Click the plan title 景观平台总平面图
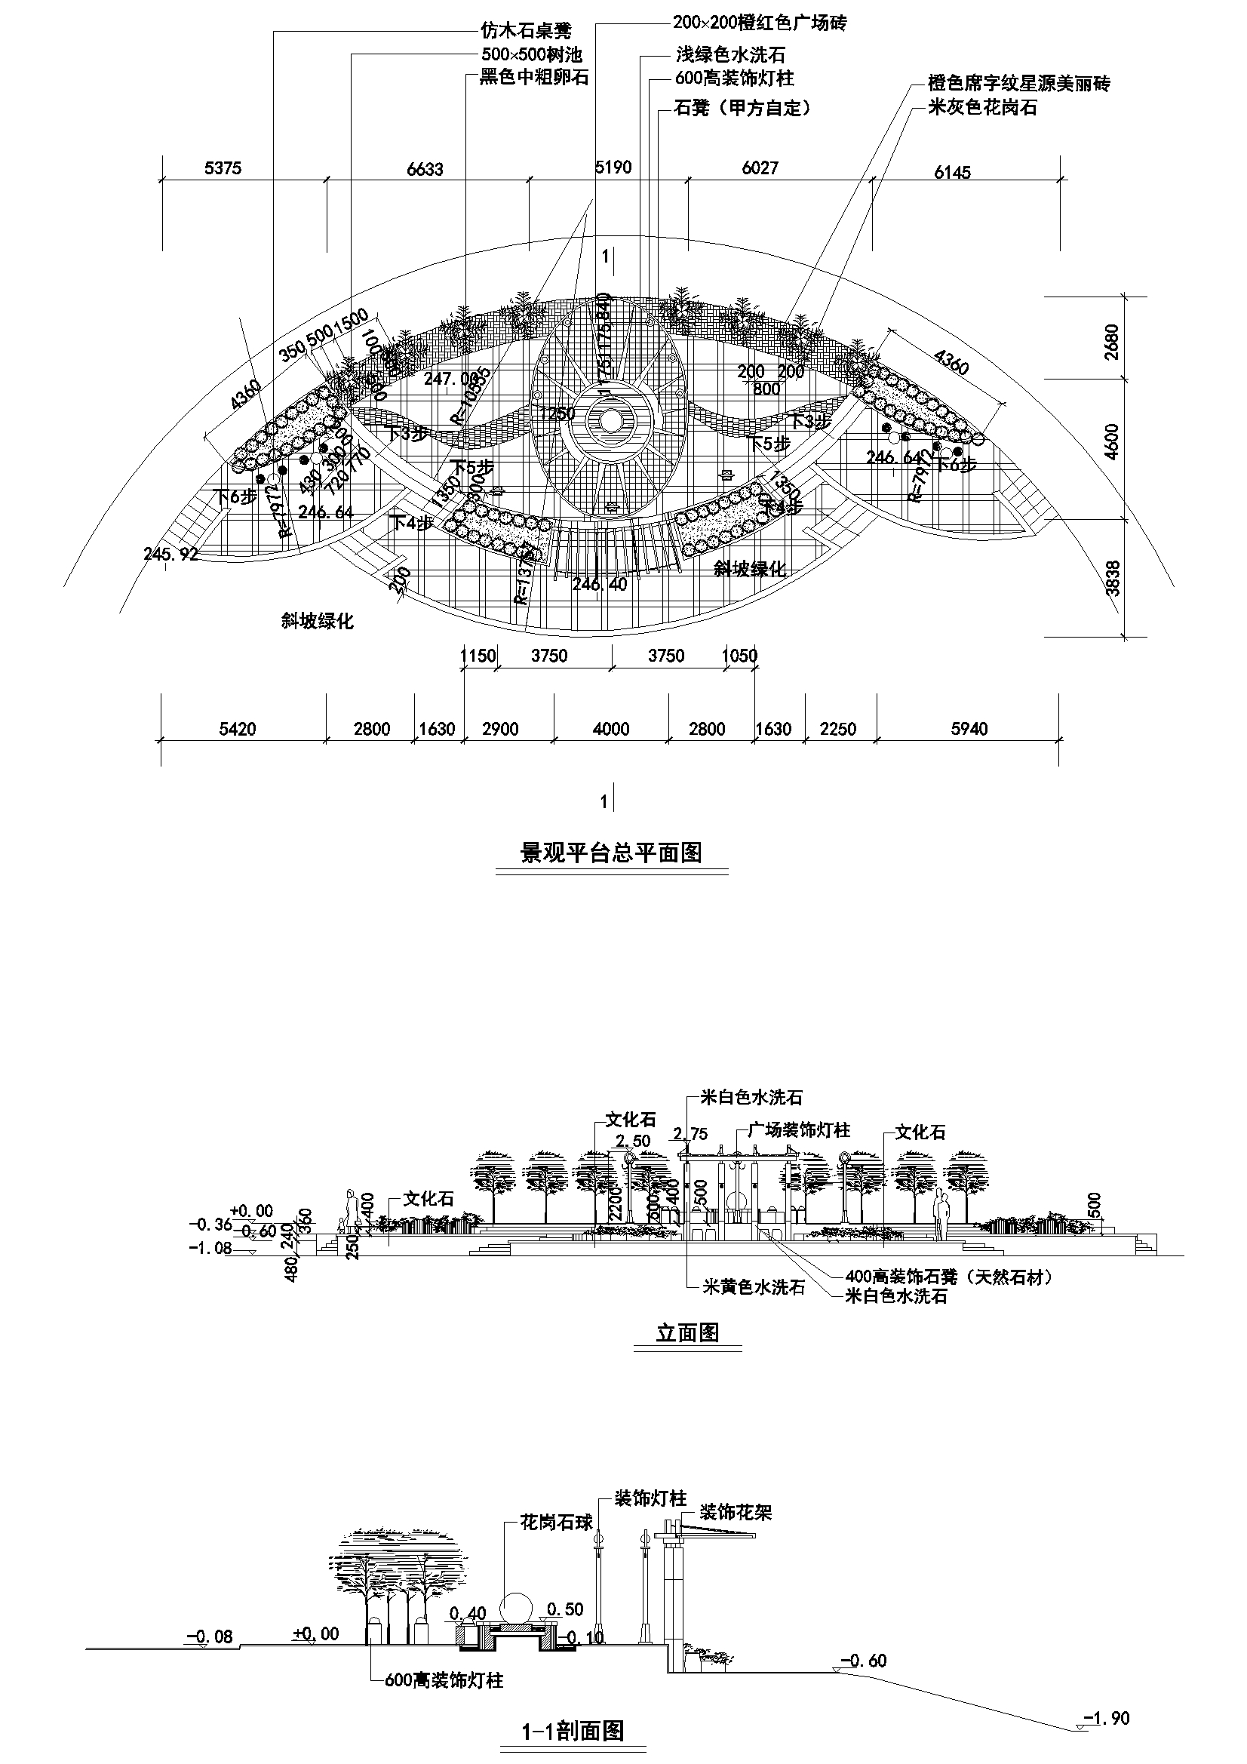(612, 852)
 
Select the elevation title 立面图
(688, 1332)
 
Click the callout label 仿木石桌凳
(526, 32)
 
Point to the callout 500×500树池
(532, 55)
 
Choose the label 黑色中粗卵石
(534, 78)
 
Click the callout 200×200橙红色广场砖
(759, 23)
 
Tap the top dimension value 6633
(425, 168)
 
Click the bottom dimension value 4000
(611, 729)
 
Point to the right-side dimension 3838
(1112, 578)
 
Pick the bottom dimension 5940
(969, 729)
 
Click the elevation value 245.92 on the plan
(170, 554)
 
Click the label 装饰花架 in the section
(736, 1513)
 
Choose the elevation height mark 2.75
(690, 1133)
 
